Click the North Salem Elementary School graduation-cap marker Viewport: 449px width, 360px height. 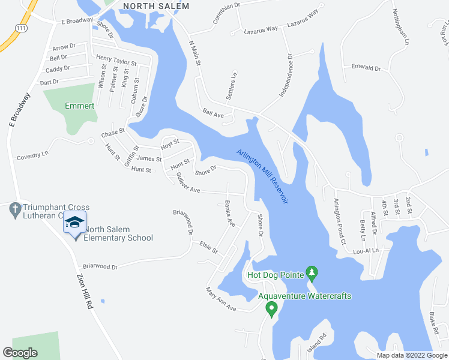74,223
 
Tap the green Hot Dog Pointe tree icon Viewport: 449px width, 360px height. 312,273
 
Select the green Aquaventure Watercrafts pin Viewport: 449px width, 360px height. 271,309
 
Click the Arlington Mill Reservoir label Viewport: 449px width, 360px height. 262,176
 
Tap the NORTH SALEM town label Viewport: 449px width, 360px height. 155,6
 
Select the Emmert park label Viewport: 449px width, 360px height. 80,106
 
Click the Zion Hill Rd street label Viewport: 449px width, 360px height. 85,292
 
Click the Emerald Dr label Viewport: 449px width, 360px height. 366,68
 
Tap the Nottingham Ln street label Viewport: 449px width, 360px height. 400,28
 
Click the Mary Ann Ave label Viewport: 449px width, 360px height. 221,299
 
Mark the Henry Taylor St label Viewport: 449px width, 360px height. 116,61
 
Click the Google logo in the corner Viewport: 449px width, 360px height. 20,353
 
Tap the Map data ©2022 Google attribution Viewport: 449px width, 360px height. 412,355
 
